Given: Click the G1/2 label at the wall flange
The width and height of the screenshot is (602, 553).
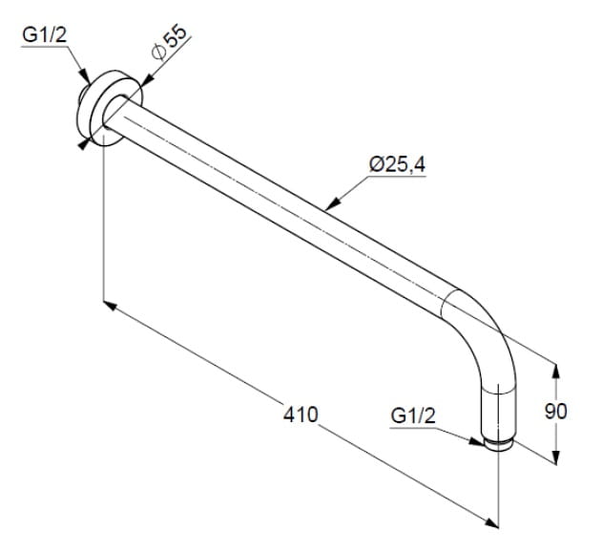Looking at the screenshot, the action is (45, 35).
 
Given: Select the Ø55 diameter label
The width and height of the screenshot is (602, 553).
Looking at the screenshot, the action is (169, 43).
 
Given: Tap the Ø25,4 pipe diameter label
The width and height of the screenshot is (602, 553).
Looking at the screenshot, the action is (398, 165).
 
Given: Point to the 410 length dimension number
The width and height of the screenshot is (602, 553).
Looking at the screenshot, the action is (301, 415).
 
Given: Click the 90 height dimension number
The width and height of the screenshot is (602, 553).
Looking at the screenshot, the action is (555, 412).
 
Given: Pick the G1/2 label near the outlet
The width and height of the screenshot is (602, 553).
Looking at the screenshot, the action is (413, 415).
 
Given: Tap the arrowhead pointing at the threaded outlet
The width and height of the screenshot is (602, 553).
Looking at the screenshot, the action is (476, 441).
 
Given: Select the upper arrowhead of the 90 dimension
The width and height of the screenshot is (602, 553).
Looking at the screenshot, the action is (556, 371).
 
